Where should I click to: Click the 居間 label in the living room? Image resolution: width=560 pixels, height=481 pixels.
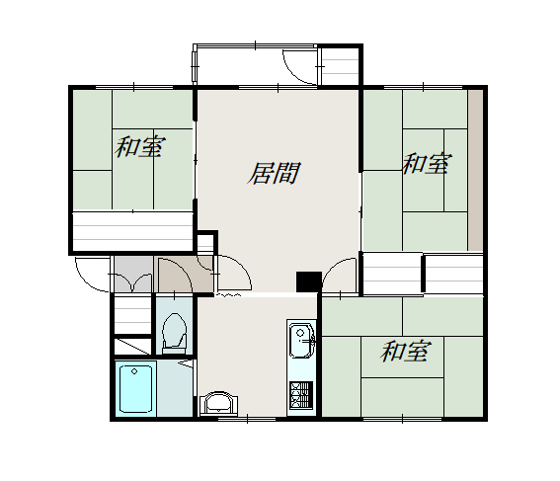tap(274, 173)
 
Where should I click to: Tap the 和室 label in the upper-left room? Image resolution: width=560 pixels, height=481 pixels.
tap(139, 146)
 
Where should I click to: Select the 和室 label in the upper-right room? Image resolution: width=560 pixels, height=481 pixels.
tap(427, 163)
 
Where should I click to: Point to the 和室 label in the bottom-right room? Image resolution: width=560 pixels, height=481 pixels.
tap(406, 351)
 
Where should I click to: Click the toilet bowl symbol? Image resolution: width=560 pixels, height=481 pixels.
tap(174, 330)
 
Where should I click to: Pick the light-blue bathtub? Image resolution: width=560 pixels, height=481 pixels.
tap(135, 388)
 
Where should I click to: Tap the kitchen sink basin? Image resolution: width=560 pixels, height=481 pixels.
tap(302, 340)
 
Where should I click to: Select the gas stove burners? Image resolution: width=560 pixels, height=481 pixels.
tap(301, 395)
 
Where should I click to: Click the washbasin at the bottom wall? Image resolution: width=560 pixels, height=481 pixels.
tap(219, 403)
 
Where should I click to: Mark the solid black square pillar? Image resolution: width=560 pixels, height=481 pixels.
tap(309, 281)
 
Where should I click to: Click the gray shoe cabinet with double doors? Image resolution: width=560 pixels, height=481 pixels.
tap(133, 274)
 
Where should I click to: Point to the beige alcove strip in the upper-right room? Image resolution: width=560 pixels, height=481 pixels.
tap(475, 170)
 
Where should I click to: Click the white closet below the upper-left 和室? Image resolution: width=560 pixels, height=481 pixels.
tap(133, 231)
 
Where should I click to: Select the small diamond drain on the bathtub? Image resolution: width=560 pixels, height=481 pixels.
tap(134, 371)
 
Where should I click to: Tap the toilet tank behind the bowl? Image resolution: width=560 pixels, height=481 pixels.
tap(174, 351)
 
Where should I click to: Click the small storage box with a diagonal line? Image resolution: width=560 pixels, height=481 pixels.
tap(132, 346)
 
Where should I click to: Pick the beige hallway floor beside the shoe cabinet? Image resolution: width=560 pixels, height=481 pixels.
tap(186, 274)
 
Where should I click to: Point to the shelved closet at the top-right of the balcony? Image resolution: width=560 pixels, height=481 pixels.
tap(340, 66)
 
